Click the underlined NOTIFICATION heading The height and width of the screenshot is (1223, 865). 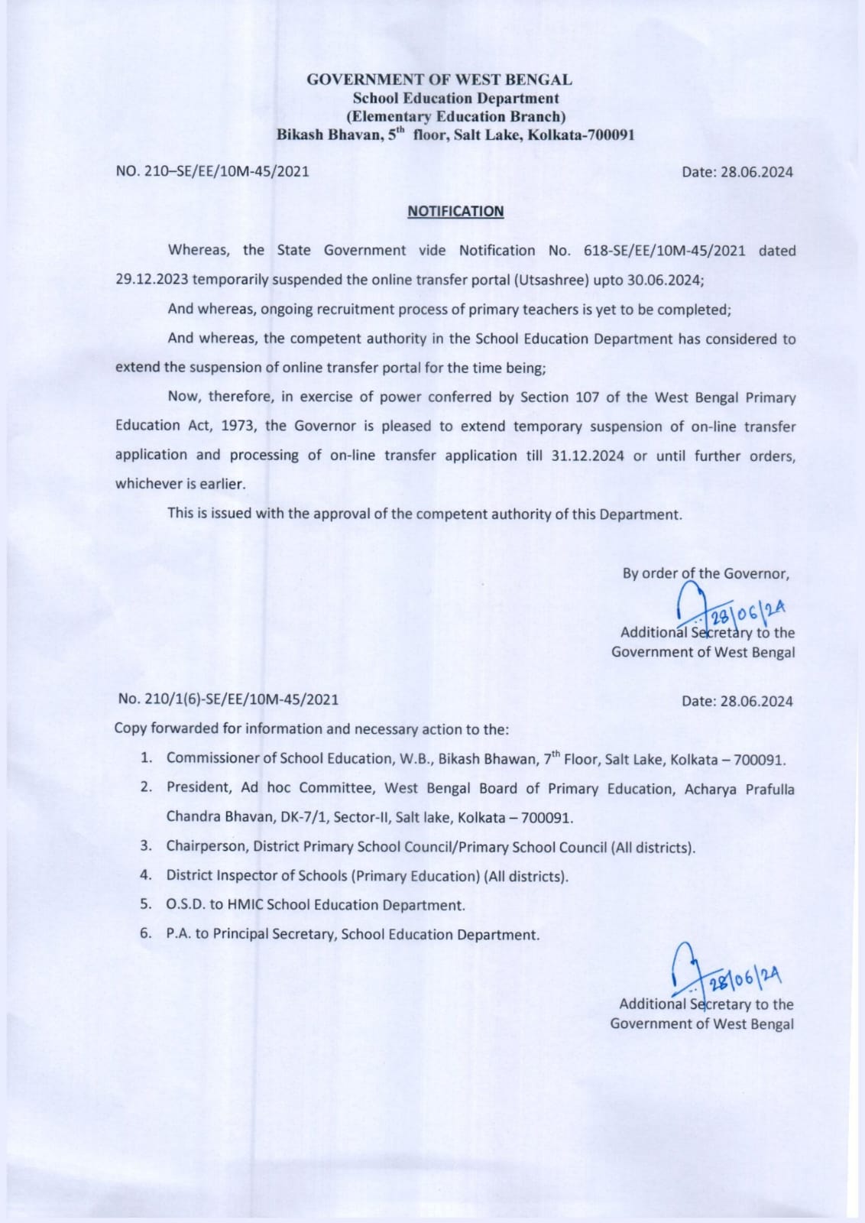click(x=455, y=211)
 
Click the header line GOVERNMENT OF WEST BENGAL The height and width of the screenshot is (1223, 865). click(x=439, y=79)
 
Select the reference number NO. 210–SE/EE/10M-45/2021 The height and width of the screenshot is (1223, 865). click(x=212, y=171)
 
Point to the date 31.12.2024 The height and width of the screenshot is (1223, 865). click(x=587, y=456)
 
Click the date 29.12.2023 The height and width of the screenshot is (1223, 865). click(x=151, y=280)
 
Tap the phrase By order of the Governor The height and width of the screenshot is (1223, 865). click(x=705, y=573)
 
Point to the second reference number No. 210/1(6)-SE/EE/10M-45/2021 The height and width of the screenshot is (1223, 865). click(x=228, y=699)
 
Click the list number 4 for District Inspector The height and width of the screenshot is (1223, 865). click(x=146, y=875)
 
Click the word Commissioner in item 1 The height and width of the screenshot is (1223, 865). click(x=212, y=758)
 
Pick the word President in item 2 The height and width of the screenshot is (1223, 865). click(x=199, y=787)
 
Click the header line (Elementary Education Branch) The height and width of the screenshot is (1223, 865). click(x=455, y=117)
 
